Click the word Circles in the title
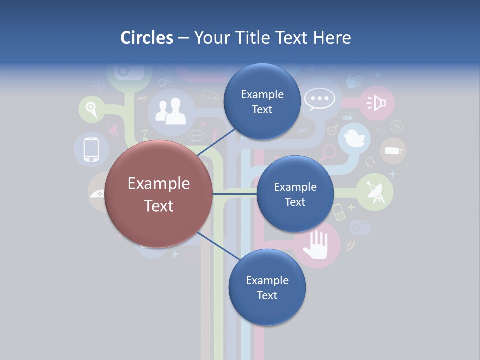pos(147,38)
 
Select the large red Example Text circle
pos(158,194)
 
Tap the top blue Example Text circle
pos(262,102)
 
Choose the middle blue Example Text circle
pos(295,194)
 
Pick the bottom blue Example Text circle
pos(267,288)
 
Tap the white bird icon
pos(354,138)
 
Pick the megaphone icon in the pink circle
pos(377,103)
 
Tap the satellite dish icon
pos(375,192)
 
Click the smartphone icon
pos(91,149)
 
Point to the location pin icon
pos(90,108)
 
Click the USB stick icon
pos(393,150)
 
